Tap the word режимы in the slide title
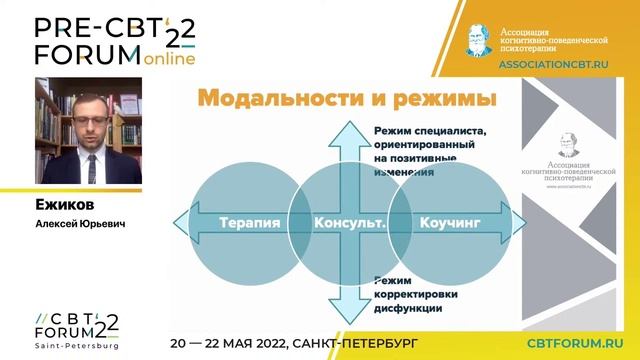pyautogui.click(x=443, y=100)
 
